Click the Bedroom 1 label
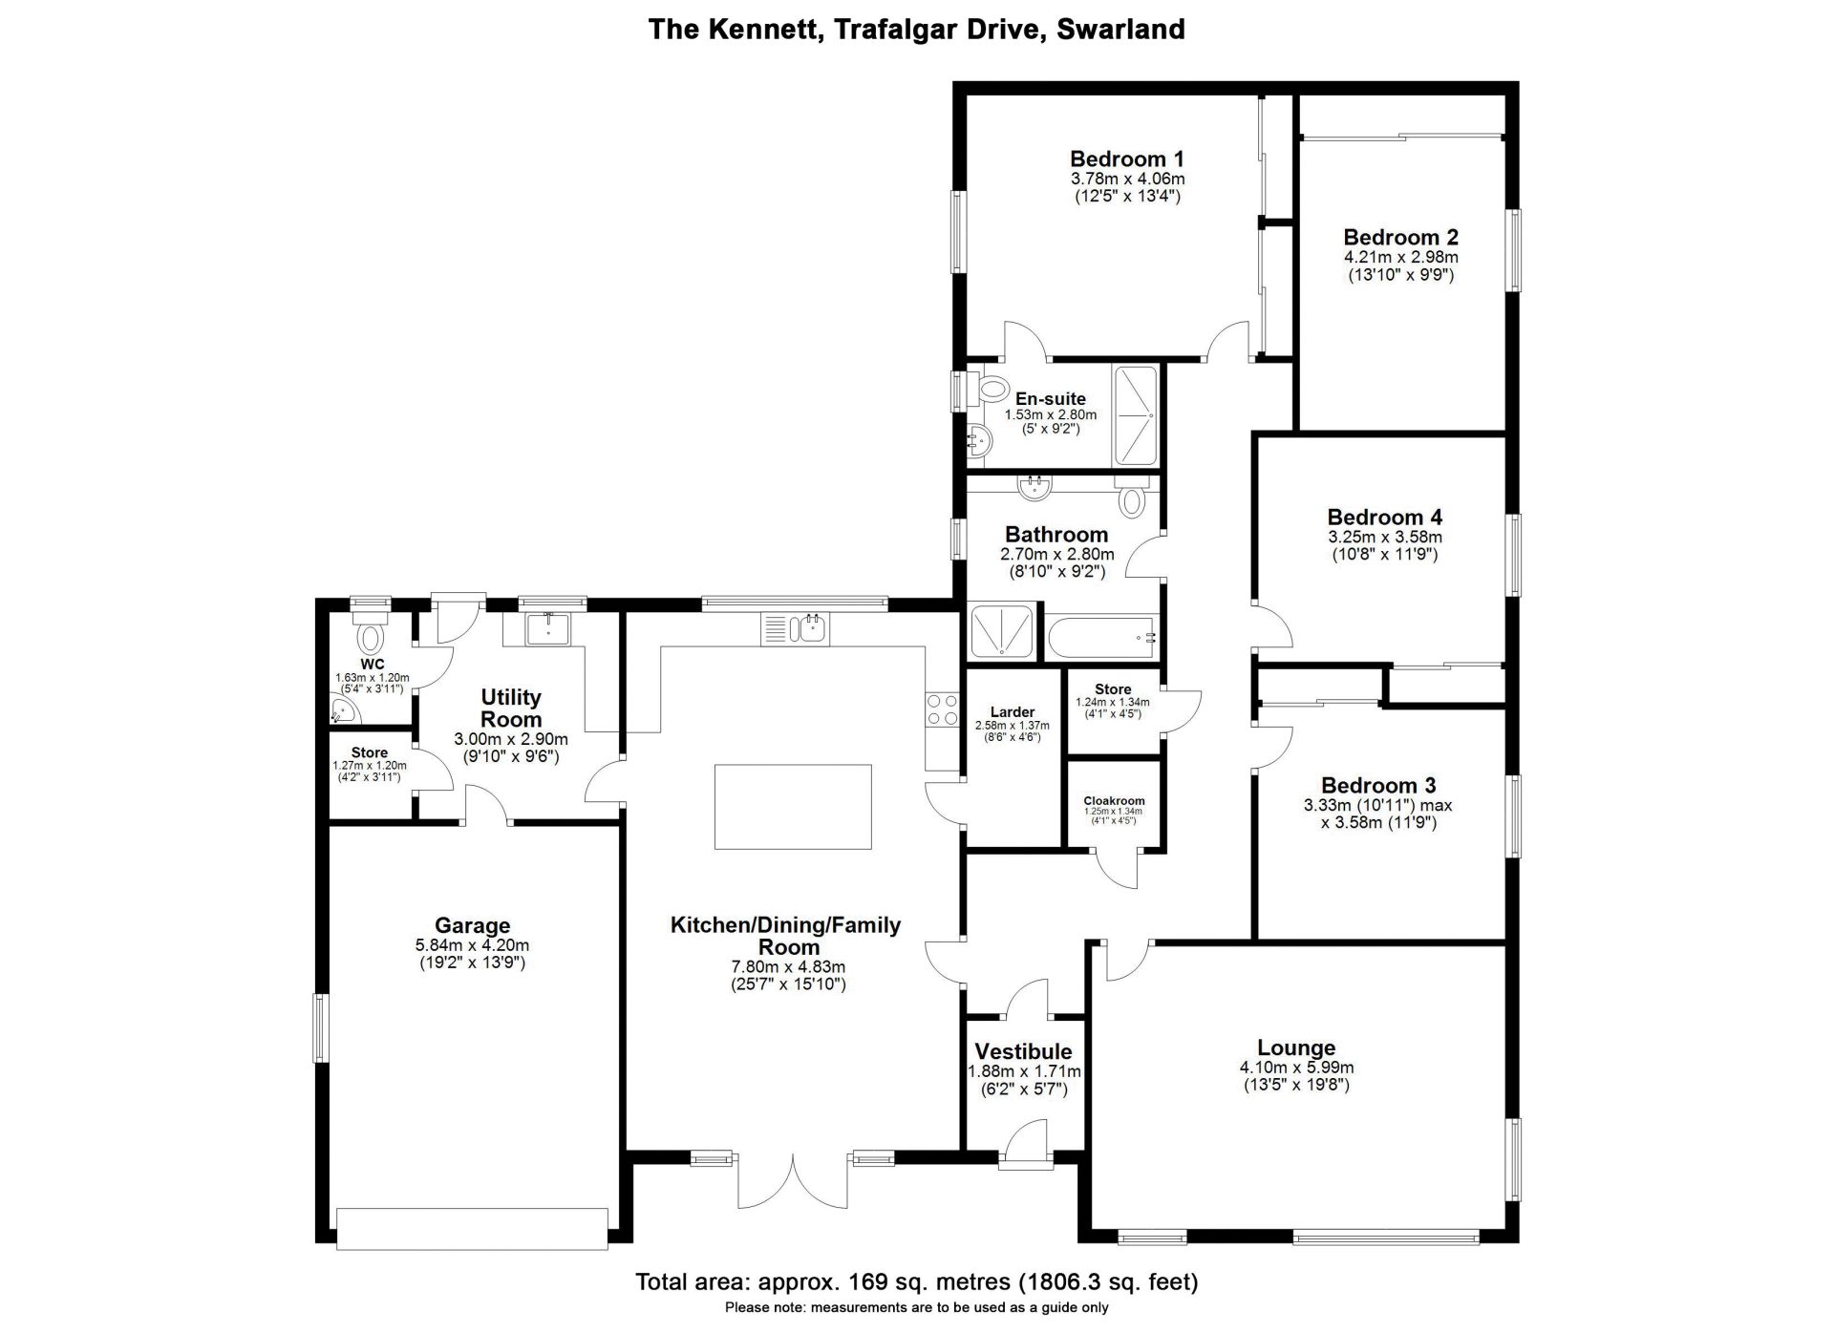click(x=1126, y=159)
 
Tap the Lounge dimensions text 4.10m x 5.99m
click(x=1295, y=1068)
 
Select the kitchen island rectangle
click(x=793, y=806)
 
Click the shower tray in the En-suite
click(x=1135, y=416)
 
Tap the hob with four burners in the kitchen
click(x=941, y=709)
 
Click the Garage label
click(x=472, y=924)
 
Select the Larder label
click(x=1012, y=711)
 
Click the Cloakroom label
click(x=1113, y=801)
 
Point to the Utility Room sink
click(x=547, y=628)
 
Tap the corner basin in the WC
click(x=341, y=710)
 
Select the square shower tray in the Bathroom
click(x=1001, y=632)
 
